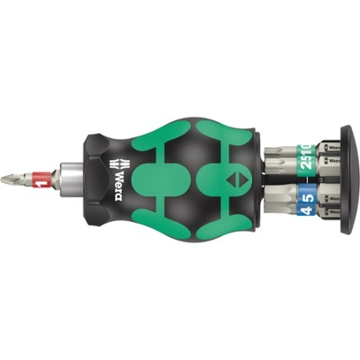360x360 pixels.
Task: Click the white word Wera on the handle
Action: (117, 179)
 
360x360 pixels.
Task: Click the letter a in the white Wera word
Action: (117, 169)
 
